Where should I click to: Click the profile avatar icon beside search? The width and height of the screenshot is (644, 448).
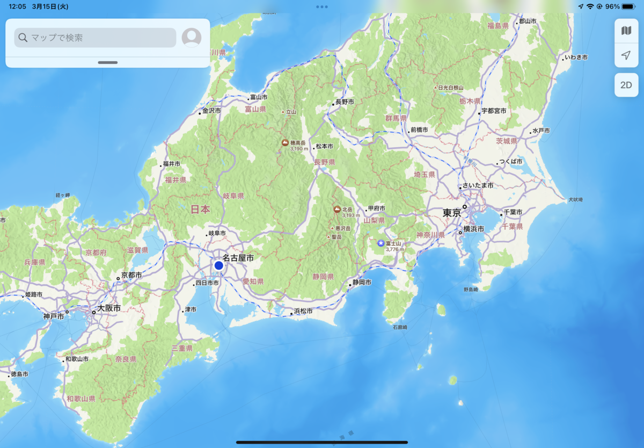(192, 38)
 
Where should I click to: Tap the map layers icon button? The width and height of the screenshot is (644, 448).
(626, 31)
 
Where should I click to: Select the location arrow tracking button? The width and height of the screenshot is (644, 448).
(626, 55)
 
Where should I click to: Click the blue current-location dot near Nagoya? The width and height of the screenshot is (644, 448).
(219, 265)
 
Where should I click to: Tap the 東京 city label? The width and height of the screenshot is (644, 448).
(452, 213)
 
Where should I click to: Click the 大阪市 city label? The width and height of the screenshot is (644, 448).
(108, 309)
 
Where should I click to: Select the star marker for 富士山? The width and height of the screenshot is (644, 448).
(381, 243)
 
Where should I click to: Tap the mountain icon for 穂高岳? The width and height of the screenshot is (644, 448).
(286, 143)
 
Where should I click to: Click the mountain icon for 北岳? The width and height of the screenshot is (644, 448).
(337, 209)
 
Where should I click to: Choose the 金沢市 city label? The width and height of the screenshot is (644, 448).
(211, 111)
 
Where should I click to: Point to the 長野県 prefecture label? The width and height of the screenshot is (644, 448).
(324, 162)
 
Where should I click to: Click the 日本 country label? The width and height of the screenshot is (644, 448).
(200, 209)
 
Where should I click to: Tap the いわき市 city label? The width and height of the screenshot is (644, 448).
(576, 57)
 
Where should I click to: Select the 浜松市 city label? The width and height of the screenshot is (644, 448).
(303, 310)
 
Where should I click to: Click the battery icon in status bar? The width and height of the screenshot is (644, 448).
(628, 6)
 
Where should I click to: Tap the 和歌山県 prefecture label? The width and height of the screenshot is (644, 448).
(81, 399)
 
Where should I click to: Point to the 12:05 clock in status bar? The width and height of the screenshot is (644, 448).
(18, 6)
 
